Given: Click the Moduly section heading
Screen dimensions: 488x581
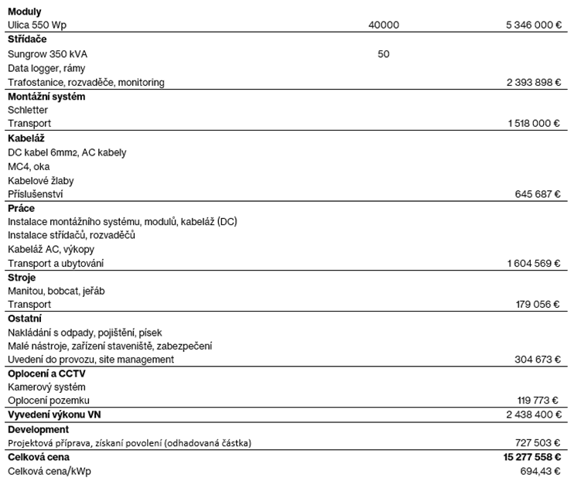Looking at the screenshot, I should (x=25, y=12).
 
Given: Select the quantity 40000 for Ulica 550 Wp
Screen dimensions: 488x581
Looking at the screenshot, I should (x=384, y=26).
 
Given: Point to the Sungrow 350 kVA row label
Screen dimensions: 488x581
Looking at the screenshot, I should (x=46, y=54).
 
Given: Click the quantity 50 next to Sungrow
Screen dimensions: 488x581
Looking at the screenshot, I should (x=384, y=54).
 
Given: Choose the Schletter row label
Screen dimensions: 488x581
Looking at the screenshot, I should (x=27, y=110).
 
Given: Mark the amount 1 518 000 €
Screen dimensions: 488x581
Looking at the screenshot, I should (x=534, y=124).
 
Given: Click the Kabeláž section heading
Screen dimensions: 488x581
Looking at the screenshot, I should (x=25, y=138).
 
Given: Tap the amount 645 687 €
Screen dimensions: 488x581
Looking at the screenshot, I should (x=537, y=194).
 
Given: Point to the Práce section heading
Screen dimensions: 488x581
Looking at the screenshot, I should (x=21, y=208).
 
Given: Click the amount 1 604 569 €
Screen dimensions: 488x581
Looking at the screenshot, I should (x=534, y=264).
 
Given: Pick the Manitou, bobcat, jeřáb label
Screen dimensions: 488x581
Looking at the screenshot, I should (x=56, y=291).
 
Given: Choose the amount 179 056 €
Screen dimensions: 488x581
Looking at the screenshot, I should (x=537, y=305).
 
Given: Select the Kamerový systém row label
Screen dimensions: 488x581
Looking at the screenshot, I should (x=46, y=387).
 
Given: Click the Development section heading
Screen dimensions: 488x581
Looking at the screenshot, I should (x=38, y=429).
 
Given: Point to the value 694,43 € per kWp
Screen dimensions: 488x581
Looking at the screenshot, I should (x=540, y=471).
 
